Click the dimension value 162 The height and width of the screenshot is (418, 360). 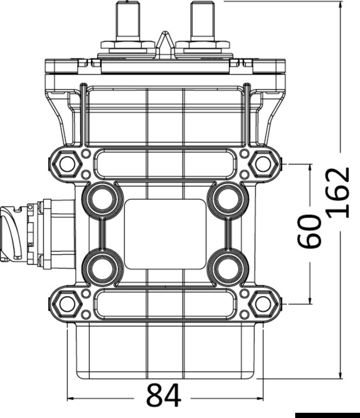coord(340,193)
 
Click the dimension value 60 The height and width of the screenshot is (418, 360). coord(309,231)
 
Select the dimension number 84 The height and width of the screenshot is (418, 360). coord(164,396)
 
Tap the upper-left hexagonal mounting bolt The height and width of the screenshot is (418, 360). coord(67,164)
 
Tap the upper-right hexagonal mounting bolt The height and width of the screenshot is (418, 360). coord(263,164)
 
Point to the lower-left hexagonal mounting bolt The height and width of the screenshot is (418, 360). coord(67,303)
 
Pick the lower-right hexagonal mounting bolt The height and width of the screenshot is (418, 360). coord(263,303)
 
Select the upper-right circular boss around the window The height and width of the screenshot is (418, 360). coord(227,199)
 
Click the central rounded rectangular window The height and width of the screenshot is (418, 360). coord(165,234)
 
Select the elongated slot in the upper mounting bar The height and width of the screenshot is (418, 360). coord(165,164)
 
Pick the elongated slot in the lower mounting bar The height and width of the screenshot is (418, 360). coord(165,303)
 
